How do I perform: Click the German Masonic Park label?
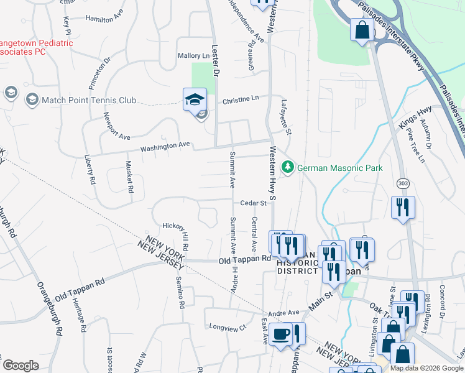[x=340, y=168]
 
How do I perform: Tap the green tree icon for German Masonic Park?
[x=287, y=167]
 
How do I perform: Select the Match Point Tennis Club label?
[x=88, y=99]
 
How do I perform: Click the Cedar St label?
[x=254, y=203]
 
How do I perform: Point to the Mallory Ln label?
[x=195, y=56]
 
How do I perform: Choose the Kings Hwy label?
[x=415, y=118]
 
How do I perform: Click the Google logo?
[x=21, y=366]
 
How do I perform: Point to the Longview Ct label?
[x=228, y=326]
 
